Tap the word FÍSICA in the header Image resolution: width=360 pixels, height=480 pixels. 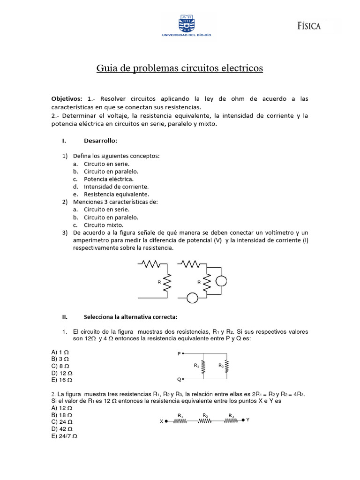[309, 26]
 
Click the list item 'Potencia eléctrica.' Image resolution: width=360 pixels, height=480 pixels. [108, 179]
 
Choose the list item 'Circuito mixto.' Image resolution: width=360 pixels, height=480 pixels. [104, 225]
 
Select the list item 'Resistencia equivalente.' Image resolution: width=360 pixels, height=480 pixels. [116, 194]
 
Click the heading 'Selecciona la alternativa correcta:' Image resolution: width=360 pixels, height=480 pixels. [130, 317]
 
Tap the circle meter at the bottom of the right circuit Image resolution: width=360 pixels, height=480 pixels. [192, 298]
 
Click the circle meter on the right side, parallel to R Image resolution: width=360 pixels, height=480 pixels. [221, 281]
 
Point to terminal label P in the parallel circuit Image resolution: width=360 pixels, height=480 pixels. [179, 354]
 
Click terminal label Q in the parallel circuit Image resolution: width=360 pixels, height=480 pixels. [179, 379]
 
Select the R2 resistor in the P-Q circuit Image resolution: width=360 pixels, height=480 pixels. [227, 366]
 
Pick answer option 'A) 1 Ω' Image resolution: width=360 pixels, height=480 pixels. [60, 352]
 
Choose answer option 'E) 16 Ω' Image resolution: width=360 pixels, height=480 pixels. [61, 380]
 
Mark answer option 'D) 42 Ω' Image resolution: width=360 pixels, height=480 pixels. [61, 429]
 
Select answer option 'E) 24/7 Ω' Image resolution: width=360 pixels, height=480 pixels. [64, 436]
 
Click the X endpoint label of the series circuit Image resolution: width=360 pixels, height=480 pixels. [161, 421]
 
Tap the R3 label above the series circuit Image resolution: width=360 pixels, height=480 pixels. [231, 415]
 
